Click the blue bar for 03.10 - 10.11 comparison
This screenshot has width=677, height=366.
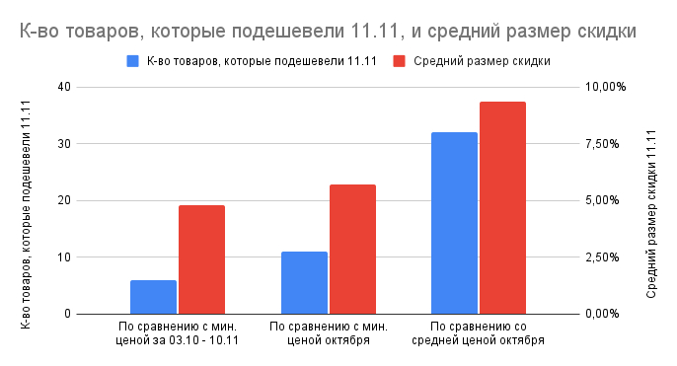point(153,297)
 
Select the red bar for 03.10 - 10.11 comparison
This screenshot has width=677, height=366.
point(201,259)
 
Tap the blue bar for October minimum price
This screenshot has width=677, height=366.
point(304,282)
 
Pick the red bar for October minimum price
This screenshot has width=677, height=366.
point(352,249)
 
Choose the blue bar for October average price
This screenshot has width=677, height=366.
point(454,223)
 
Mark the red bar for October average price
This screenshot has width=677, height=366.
point(502,207)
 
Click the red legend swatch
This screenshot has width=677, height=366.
point(399,61)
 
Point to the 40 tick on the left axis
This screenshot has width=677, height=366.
point(65,87)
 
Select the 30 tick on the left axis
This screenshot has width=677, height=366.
point(65,144)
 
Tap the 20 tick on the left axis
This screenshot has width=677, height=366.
point(65,200)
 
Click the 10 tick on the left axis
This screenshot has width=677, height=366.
point(65,257)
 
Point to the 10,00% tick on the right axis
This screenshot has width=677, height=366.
point(606,87)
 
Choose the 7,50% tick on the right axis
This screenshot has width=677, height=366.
point(602,144)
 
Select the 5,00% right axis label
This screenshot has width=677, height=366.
point(602,200)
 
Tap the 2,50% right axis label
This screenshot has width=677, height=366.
point(602,257)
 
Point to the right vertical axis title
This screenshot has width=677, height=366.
point(650,200)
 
